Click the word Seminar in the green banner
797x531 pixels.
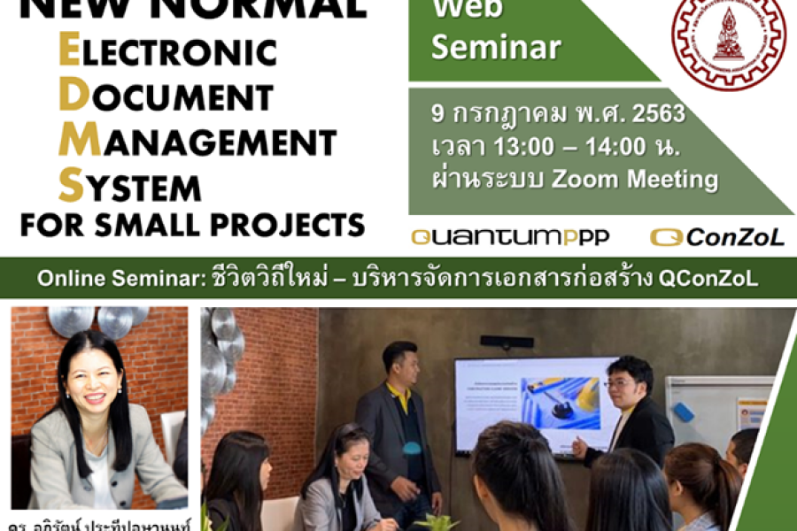496,47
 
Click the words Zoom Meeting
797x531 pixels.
634,179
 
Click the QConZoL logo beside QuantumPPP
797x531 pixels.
717,237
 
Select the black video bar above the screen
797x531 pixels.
507,341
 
